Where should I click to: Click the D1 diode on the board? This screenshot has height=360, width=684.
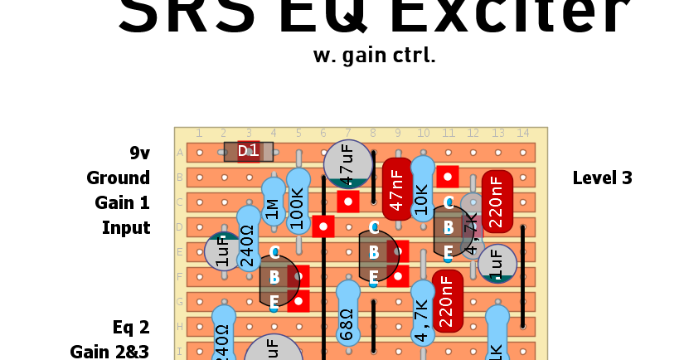(x=249, y=151)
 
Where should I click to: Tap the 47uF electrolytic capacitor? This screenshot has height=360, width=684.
(x=347, y=163)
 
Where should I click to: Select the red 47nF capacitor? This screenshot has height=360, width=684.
(x=397, y=189)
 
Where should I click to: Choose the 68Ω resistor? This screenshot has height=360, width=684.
(x=347, y=313)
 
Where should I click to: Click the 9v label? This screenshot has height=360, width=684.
(x=139, y=153)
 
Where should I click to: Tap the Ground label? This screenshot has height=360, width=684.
(x=118, y=178)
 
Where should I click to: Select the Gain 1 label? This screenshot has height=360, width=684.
(x=122, y=202)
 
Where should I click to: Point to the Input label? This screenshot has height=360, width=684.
(x=126, y=227)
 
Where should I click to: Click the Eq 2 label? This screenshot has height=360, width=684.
(x=131, y=327)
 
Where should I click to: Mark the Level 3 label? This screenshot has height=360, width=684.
(x=603, y=178)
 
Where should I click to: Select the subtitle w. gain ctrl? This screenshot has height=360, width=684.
(x=374, y=56)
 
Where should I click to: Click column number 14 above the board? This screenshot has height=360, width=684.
(x=522, y=134)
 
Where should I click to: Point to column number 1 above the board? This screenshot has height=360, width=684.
(x=199, y=134)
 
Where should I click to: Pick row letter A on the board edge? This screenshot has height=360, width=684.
(x=180, y=153)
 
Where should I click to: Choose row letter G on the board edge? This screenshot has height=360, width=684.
(x=180, y=302)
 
